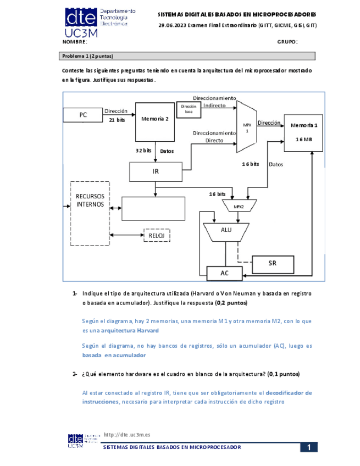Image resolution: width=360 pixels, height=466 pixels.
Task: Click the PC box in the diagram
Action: coord(83,115)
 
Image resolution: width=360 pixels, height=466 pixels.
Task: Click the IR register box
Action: coord(156,171)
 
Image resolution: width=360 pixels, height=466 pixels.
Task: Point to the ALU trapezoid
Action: coord(226,231)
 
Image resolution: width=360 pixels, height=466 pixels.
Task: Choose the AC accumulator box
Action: coord(224,273)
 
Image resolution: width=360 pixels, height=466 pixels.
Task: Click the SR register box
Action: coord(273,264)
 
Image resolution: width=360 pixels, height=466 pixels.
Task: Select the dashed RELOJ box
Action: coord(157,235)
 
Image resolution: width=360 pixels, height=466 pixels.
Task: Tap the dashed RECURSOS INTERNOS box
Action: coord(90,213)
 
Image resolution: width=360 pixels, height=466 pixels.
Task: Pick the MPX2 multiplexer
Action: coord(238,206)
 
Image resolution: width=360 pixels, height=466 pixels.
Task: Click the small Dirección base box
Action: coord(188,108)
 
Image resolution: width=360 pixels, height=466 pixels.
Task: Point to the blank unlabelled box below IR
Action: coord(153,207)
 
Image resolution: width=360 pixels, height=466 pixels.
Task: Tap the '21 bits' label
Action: coord(117,119)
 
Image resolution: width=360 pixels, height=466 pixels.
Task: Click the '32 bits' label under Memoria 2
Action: coord(143,150)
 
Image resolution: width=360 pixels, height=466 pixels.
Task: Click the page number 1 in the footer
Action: coord(309,447)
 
